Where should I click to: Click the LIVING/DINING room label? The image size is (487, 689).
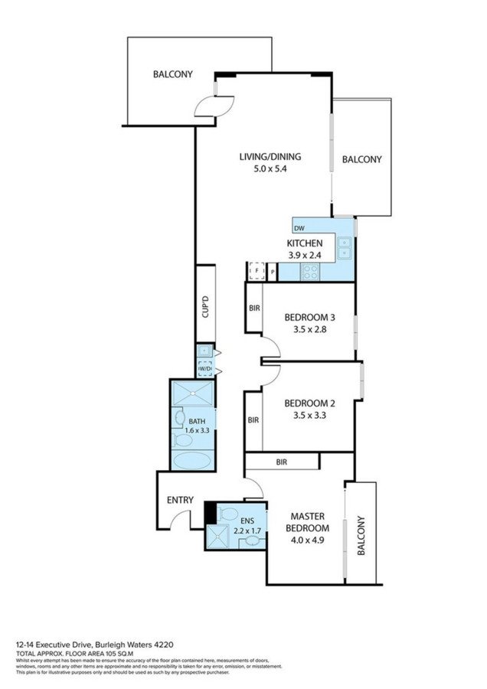point(270,157)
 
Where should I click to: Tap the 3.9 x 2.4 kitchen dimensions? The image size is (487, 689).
point(305,255)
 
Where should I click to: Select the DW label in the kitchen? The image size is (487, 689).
point(299,228)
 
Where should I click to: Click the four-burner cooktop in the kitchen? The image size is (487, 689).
point(311,270)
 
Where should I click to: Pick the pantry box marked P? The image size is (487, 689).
point(272,272)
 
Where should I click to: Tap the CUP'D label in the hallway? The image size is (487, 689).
point(205,307)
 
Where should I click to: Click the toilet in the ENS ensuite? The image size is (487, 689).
point(228,513)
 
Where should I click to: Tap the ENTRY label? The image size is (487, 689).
point(180,500)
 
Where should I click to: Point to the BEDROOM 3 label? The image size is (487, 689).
point(309,317)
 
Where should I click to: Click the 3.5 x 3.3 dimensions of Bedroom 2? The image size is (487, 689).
point(309,416)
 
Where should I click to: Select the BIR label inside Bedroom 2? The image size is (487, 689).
point(253,420)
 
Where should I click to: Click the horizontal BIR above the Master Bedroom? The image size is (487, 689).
point(281,461)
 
